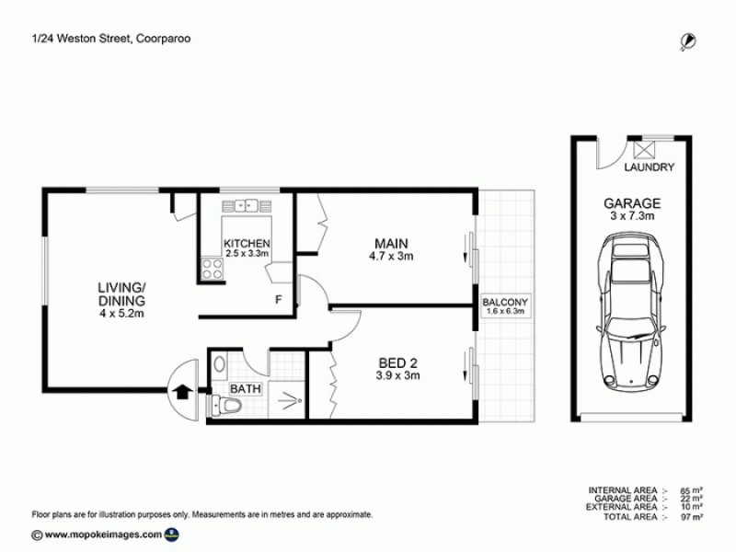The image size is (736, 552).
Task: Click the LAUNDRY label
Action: pyautogui.click(x=650, y=167)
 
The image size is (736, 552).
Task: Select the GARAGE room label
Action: pyautogui.click(x=631, y=202)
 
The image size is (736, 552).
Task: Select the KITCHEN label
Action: pyautogui.click(x=247, y=244)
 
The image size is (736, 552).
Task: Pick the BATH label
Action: pyautogui.click(x=246, y=389)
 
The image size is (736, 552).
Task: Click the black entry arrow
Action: pyautogui.click(x=181, y=391)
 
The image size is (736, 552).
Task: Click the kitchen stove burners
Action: pyautogui.click(x=212, y=268)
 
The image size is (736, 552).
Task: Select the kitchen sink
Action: pyautogui.click(x=246, y=206)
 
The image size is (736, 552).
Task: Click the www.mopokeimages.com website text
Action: pyautogui.click(x=100, y=534)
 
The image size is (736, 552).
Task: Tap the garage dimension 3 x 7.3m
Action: pyautogui.click(x=631, y=216)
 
